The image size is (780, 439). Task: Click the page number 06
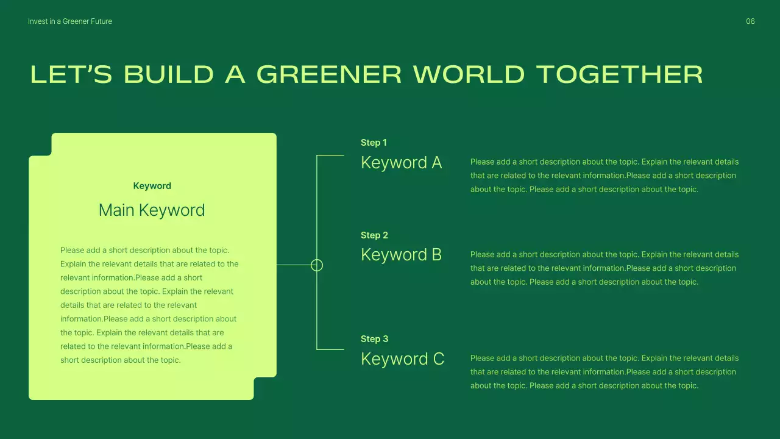[x=750, y=21]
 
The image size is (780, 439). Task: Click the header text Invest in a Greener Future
[x=70, y=21]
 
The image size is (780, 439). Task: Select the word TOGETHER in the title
[x=619, y=74]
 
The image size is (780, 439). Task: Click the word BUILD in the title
[x=169, y=74]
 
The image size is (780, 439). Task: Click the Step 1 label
[x=374, y=143]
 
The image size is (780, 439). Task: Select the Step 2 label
[x=374, y=235]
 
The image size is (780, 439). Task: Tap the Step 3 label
[x=374, y=339]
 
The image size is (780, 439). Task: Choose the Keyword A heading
[x=401, y=163]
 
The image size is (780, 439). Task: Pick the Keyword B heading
[x=401, y=255]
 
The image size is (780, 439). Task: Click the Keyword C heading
[x=402, y=359]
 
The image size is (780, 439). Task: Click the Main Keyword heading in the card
[x=152, y=210]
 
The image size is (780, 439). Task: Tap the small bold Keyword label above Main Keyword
[x=152, y=186]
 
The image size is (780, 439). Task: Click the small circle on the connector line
[x=317, y=265]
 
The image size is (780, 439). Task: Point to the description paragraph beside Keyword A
[x=604, y=176]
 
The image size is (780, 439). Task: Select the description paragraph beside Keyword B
[x=604, y=268]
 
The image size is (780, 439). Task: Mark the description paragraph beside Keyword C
[x=604, y=372]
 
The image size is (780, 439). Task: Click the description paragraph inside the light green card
[x=149, y=305]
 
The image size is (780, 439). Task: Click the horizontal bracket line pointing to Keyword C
[x=331, y=349]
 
